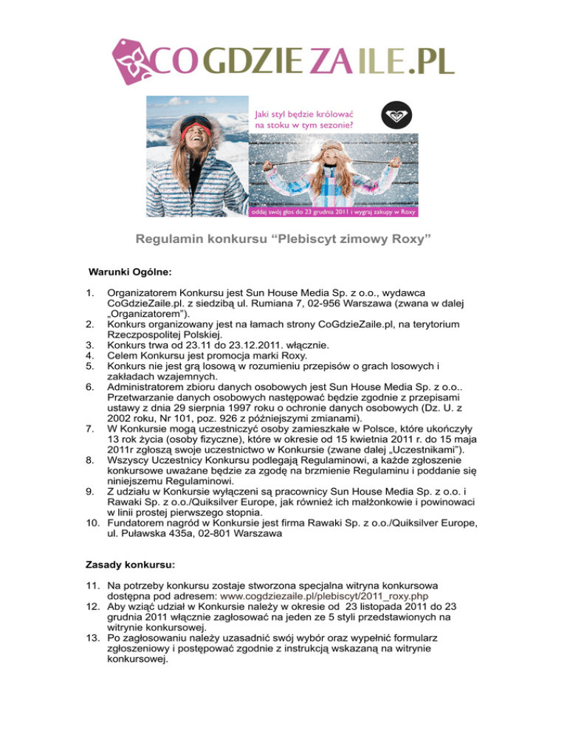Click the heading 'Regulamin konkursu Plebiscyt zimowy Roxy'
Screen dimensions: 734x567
(283, 240)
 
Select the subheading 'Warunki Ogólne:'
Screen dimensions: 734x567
(130, 272)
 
